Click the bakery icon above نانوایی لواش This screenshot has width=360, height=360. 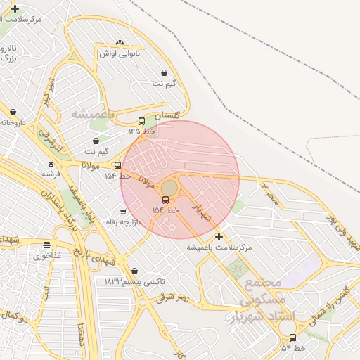119,43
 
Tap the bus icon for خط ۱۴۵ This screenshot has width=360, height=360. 141,121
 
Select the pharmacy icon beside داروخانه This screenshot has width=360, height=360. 13,112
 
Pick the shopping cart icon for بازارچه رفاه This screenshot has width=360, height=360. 123,211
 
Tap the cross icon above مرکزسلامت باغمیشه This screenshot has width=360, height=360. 219,236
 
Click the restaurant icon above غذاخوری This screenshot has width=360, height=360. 46,245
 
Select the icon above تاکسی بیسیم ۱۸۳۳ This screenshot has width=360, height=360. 134,271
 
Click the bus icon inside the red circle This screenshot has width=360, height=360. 165,200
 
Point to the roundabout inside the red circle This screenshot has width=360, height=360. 169,188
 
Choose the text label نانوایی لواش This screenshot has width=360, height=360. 119,53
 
